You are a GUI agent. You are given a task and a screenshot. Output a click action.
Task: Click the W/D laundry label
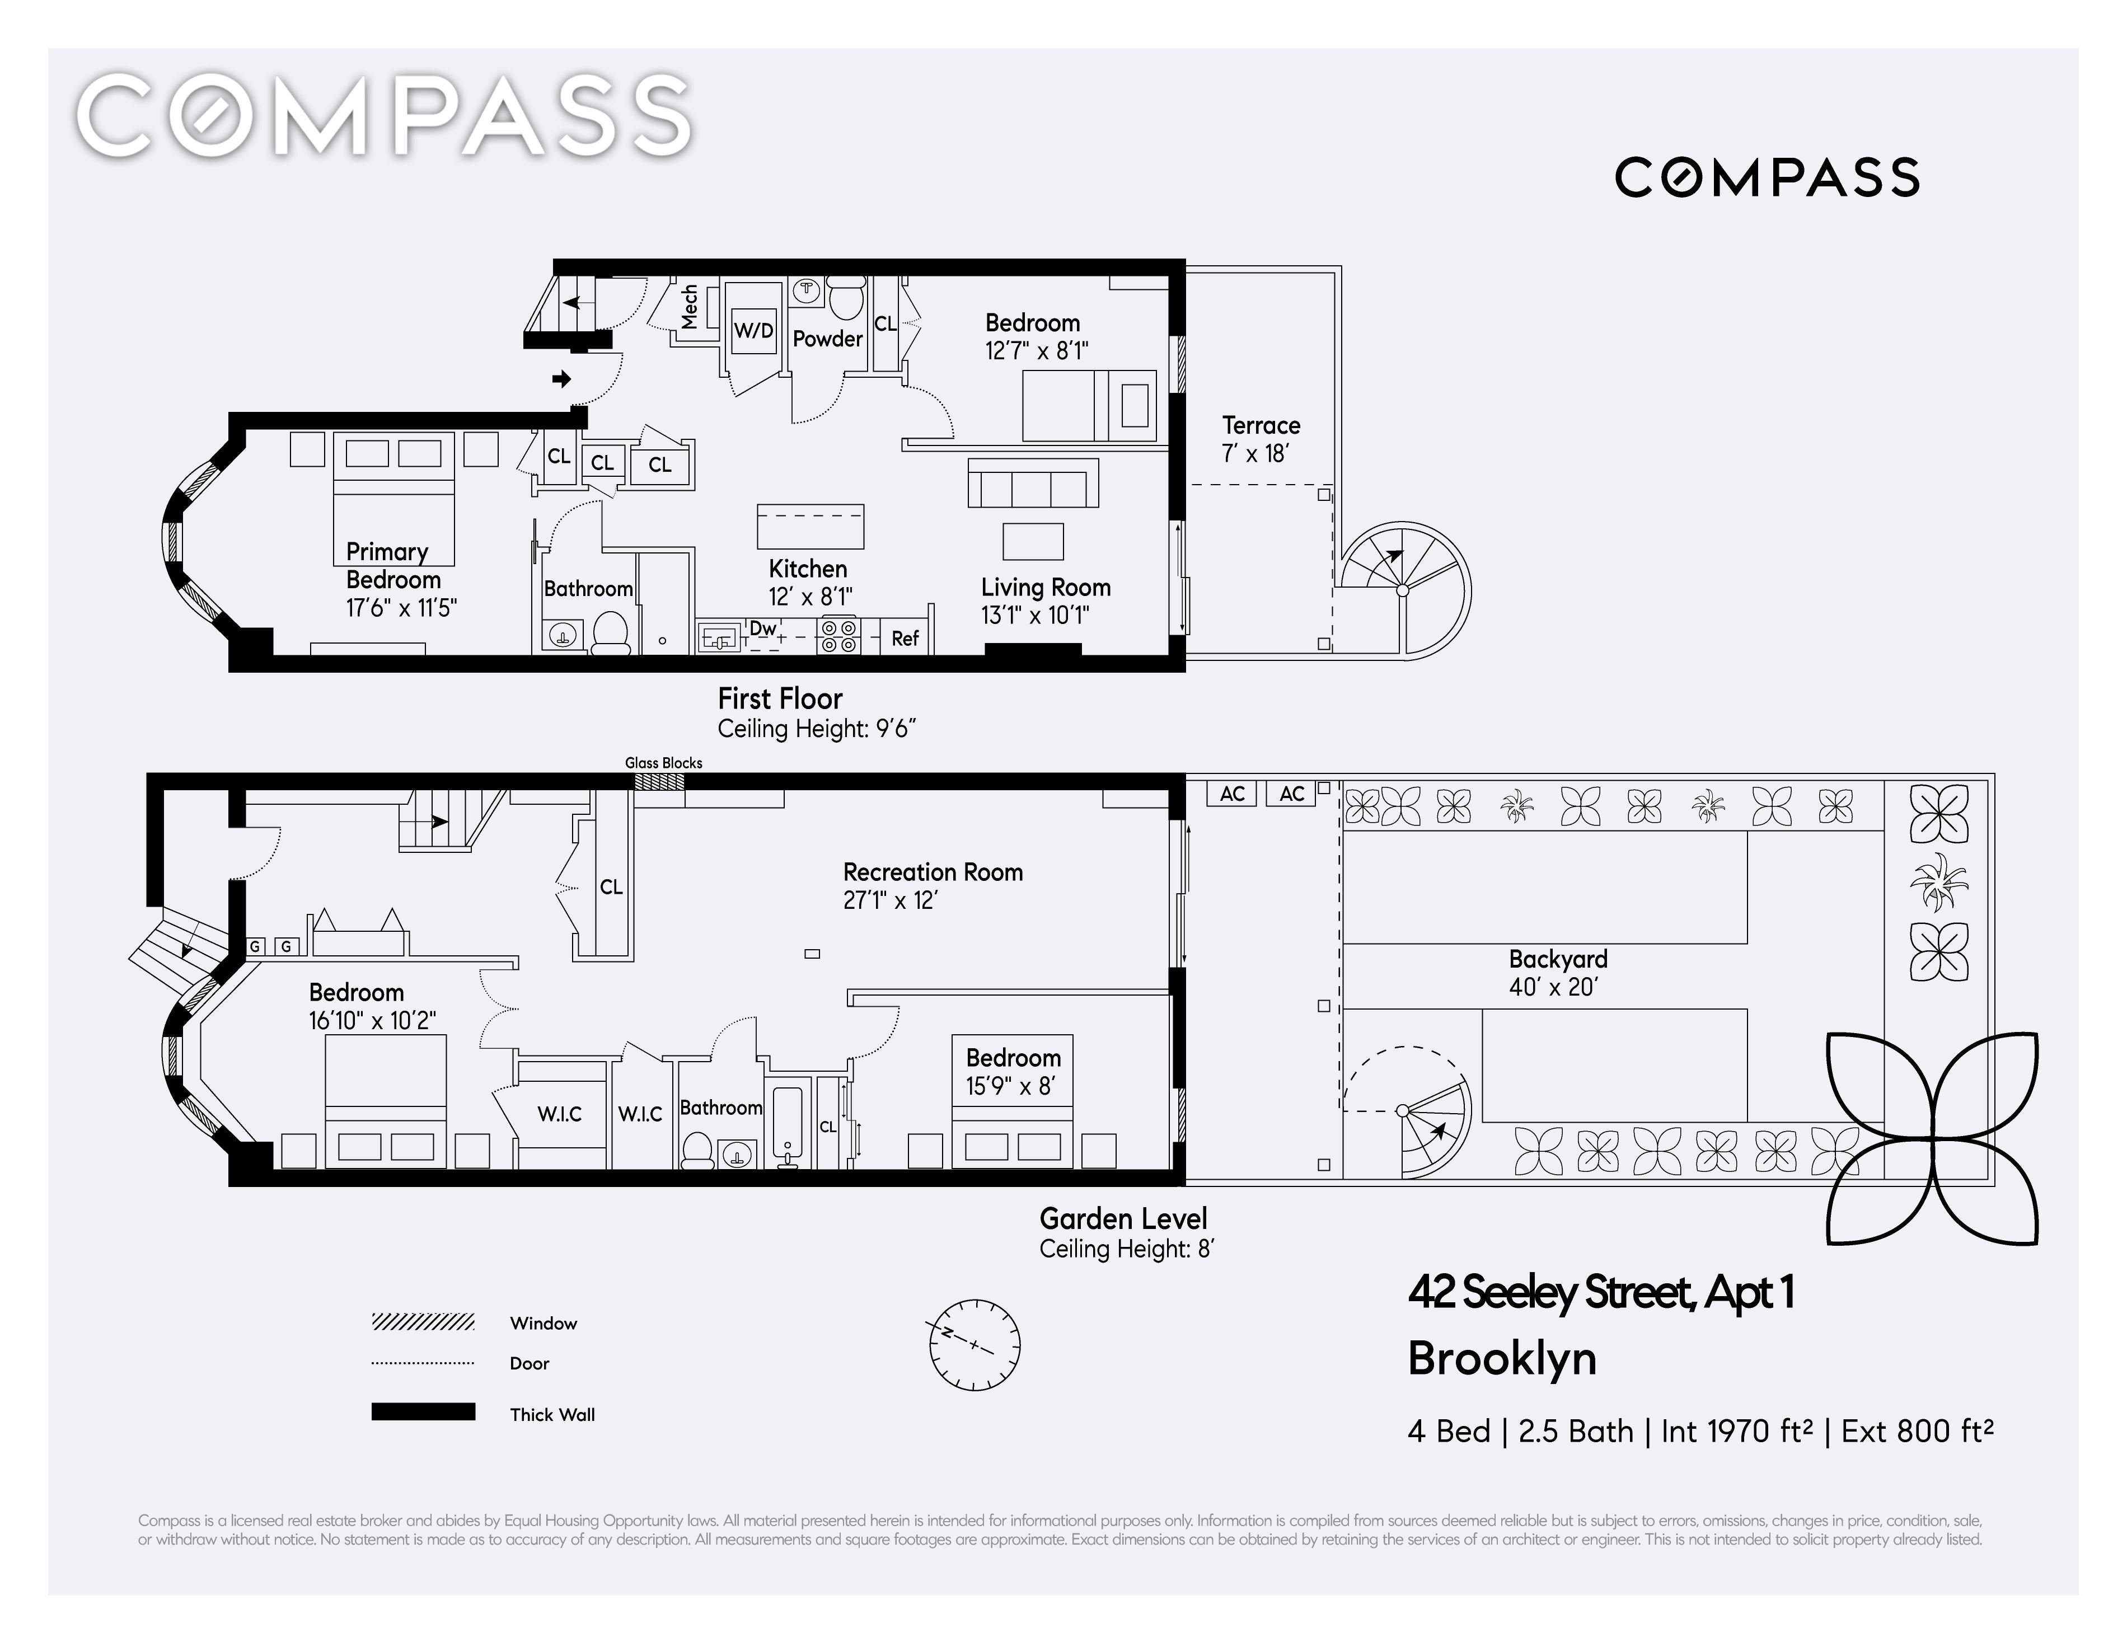pyautogui.click(x=753, y=330)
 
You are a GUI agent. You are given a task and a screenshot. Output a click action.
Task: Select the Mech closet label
pyautogui.click(x=690, y=306)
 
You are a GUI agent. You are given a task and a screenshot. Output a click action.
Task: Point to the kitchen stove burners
pyautogui.click(x=838, y=636)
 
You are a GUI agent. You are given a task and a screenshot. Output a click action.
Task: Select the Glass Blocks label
pyautogui.click(x=663, y=763)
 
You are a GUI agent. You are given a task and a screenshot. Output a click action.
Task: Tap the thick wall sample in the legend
pyautogui.click(x=423, y=1412)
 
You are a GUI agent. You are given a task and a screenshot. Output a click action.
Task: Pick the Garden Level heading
pyautogui.click(x=1123, y=1218)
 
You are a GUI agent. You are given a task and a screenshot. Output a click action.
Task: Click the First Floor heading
pyautogui.click(x=780, y=698)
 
